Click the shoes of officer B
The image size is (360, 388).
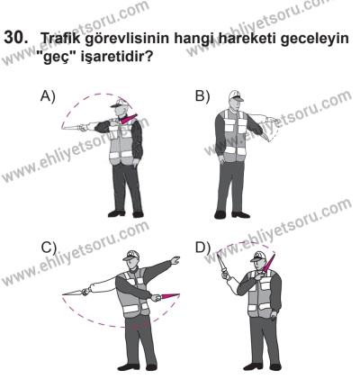click(232, 214)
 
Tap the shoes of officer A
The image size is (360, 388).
click(125, 214)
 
